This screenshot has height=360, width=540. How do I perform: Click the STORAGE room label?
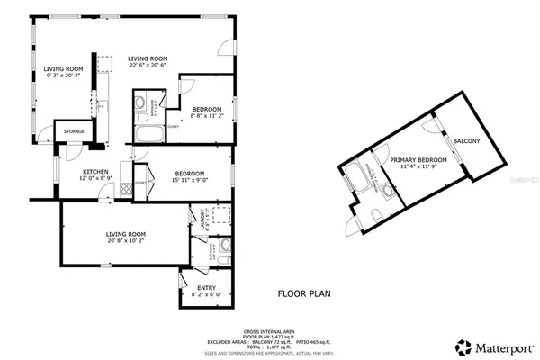74,132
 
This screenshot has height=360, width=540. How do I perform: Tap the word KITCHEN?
96,171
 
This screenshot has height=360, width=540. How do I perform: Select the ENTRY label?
205,288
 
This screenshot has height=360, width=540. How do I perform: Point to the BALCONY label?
466,141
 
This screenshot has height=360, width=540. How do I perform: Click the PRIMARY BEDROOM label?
413,159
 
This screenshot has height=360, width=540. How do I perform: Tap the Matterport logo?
490,346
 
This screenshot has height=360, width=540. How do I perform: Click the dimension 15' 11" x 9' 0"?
189,180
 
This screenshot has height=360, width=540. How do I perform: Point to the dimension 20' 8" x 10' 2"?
125,241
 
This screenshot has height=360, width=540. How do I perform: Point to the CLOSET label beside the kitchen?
139,183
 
